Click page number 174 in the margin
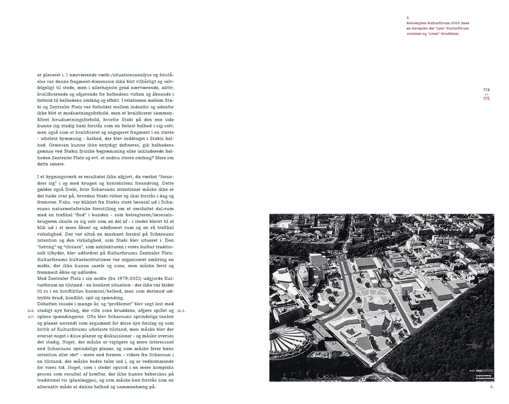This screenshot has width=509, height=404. (x=486, y=90)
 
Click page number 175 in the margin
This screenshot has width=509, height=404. (x=486, y=99)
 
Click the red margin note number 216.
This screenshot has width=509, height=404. (x=31, y=310)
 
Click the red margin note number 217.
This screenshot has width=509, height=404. (x=31, y=316)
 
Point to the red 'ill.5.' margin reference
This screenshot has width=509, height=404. (x=181, y=310)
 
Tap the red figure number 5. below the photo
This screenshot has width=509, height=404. (x=492, y=387)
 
